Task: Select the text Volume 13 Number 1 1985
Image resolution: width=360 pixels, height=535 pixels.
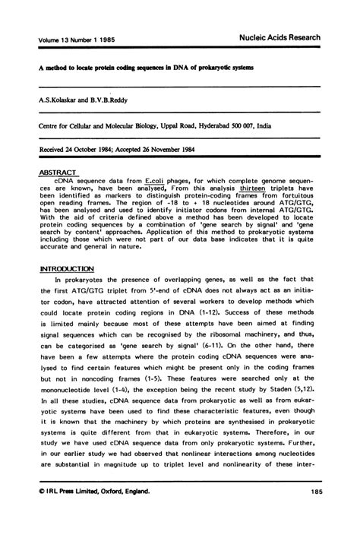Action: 75,40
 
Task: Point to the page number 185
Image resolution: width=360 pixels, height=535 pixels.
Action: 318,494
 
